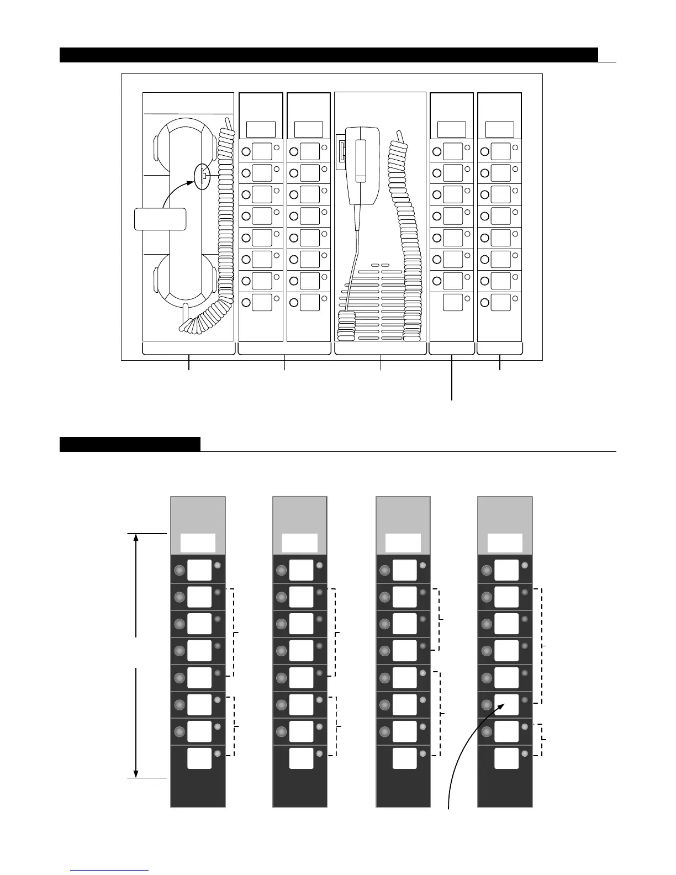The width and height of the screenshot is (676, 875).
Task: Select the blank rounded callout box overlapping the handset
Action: pyautogui.click(x=160, y=219)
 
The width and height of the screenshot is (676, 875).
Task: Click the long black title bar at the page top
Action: pyautogui.click(x=329, y=55)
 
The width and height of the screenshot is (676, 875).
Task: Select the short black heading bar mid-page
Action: pyautogui.click(x=130, y=444)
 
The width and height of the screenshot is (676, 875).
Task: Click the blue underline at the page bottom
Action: pyautogui.click(x=109, y=871)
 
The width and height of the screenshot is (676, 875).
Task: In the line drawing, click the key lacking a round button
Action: pyautogui.click(x=453, y=303)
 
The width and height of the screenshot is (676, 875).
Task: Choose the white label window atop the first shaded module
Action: pyautogui.click(x=198, y=543)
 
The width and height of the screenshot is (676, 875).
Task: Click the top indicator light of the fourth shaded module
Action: pyautogui.click(x=525, y=566)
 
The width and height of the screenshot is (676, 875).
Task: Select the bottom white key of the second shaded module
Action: pyautogui.click(x=302, y=758)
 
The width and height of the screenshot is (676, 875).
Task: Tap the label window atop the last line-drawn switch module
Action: pyautogui.click(x=499, y=129)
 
